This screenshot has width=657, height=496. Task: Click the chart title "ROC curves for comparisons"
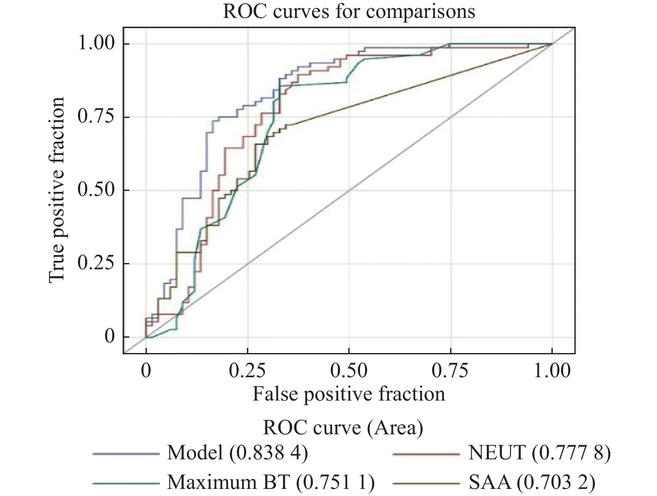pyautogui.click(x=349, y=11)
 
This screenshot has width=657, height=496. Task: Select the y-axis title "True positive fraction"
pyautogui.click(x=57, y=190)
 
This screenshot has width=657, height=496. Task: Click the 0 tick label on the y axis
pyautogui.click(x=109, y=337)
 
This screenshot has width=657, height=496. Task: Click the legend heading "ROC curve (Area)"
pyautogui.click(x=342, y=428)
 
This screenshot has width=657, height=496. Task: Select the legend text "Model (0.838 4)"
pyautogui.click(x=237, y=453)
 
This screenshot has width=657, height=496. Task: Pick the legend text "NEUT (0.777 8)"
pyautogui.click(x=539, y=453)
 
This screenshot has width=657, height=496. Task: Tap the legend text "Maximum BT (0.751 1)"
pyautogui.click(x=271, y=483)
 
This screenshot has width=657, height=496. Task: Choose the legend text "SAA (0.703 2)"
pyautogui.click(x=532, y=483)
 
